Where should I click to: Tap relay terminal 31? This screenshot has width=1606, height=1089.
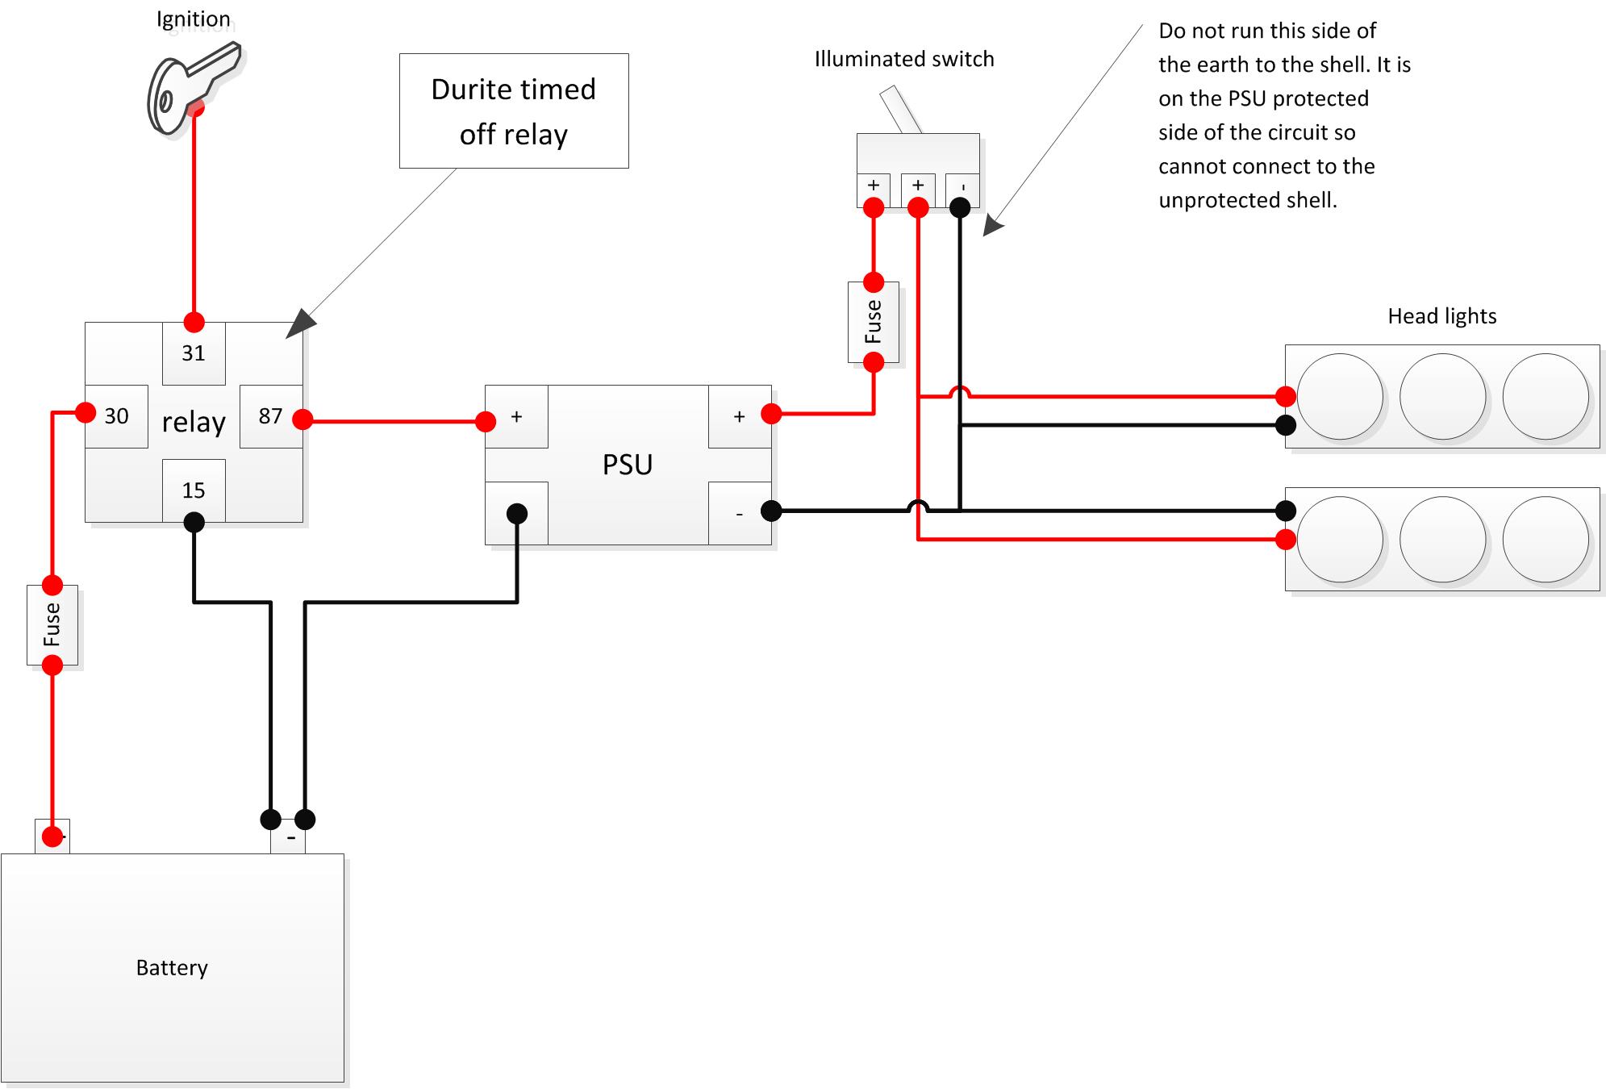pyautogui.click(x=194, y=353)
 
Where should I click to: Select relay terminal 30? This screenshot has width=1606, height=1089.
pyautogui.click(x=116, y=416)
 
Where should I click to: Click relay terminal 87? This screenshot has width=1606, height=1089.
pyautogui.click(x=271, y=416)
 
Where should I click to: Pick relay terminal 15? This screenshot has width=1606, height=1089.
pyautogui.click(x=194, y=490)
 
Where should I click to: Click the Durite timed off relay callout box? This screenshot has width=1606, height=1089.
pyautogui.click(x=514, y=111)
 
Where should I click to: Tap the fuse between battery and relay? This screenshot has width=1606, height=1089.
pyautogui.click(x=52, y=625)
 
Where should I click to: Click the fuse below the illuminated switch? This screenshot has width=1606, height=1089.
pyautogui.click(x=874, y=322)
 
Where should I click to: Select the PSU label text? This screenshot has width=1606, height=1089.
pyautogui.click(x=628, y=465)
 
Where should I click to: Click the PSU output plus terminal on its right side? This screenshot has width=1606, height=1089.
pyautogui.click(x=740, y=416)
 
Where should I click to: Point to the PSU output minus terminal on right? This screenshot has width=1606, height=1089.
pyautogui.click(x=740, y=514)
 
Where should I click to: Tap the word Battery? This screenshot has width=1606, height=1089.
pyautogui.click(x=172, y=967)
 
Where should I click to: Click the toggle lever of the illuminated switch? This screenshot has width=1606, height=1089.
pyautogui.click(x=900, y=109)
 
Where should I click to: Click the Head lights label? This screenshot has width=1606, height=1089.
pyautogui.click(x=1441, y=316)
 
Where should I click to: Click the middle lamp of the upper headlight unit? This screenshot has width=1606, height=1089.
pyautogui.click(x=1442, y=397)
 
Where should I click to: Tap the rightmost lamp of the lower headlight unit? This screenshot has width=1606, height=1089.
pyautogui.click(x=1546, y=540)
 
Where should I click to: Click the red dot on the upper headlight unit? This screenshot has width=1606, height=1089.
pyautogui.click(x=1286, y=396)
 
